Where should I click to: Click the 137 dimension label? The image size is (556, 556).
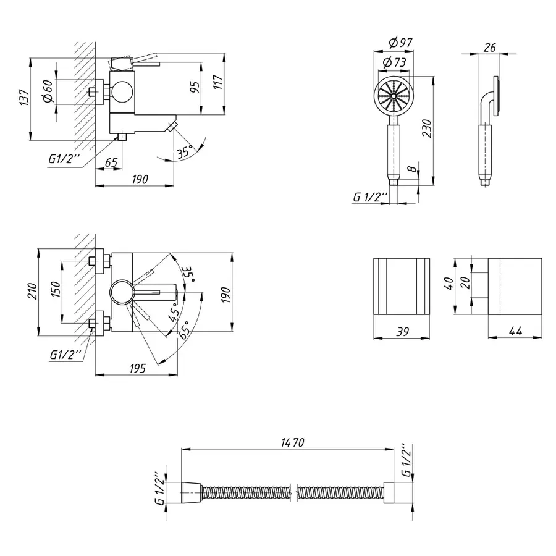click(24, 99)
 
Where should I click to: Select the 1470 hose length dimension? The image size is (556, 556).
click(287, 442)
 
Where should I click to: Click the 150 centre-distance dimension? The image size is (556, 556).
click(55, 291)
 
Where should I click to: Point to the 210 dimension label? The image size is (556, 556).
click(33, 290)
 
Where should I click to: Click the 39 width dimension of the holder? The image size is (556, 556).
click(402, 332)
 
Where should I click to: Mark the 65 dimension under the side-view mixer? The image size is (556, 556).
click(111, 162)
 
